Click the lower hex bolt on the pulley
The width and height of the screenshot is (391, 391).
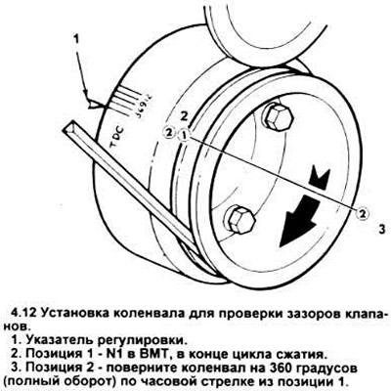pyautogui.click(x=240, y=220)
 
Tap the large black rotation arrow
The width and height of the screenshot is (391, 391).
pyautogui.click(x=299, y=221)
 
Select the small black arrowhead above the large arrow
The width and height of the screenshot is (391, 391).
pyautogui.click(x=320, y=177)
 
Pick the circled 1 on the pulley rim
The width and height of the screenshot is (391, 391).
pyautogui.click(x=184, y=134)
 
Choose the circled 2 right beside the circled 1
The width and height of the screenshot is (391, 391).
pyautogui.click(x=168, y=132)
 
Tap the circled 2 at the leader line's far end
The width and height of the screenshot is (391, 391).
pyautogui.click(x=363, y=214)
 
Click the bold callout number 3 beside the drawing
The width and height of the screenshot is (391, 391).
pyautogui.click(x=382, y=229)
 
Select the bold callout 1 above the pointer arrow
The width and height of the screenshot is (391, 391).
pyautogui.click(x=76, y=40)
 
